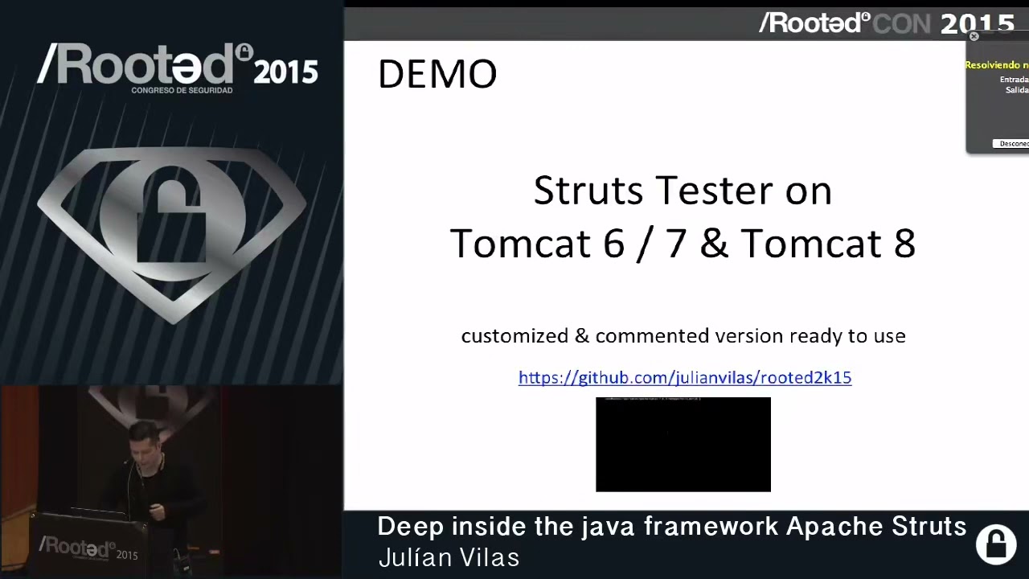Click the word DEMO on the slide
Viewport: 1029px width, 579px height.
[437, 75]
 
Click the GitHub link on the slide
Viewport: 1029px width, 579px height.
[684, 378]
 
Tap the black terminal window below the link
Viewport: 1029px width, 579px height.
[683, 445]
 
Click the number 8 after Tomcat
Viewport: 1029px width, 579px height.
[904, 244]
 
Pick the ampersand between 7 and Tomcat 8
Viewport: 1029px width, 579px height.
[714, 244]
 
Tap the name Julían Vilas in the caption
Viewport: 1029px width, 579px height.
[449, 557]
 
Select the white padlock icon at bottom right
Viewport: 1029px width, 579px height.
[996, 544]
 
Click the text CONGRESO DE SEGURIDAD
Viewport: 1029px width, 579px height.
[182, 90]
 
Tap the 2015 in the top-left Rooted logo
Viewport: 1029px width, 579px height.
[286, 72]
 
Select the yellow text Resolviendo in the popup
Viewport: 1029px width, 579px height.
[996, 65]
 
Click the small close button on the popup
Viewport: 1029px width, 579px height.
[974, 36]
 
